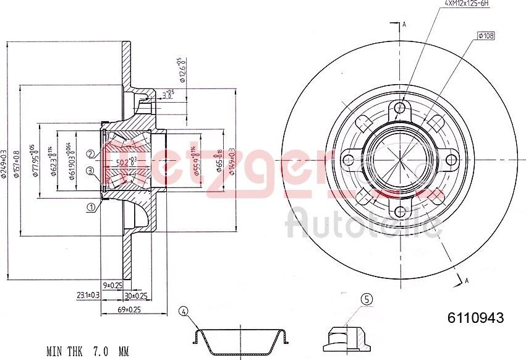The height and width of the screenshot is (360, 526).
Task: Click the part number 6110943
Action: pos(475,318)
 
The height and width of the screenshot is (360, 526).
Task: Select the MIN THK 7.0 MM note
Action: pos(88,351)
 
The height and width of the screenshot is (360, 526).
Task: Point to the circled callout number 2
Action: pos(91,154)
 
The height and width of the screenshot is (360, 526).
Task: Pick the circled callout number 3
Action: pos(91,171)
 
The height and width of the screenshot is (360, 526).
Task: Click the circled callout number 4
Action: pos(183,311)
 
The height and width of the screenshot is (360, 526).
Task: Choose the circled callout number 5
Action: pos(367,299)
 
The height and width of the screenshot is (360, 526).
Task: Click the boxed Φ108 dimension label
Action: pos(485,36)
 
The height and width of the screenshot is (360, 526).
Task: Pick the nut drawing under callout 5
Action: pos(347,335)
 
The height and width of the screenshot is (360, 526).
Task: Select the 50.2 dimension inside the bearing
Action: pos(126,163)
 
